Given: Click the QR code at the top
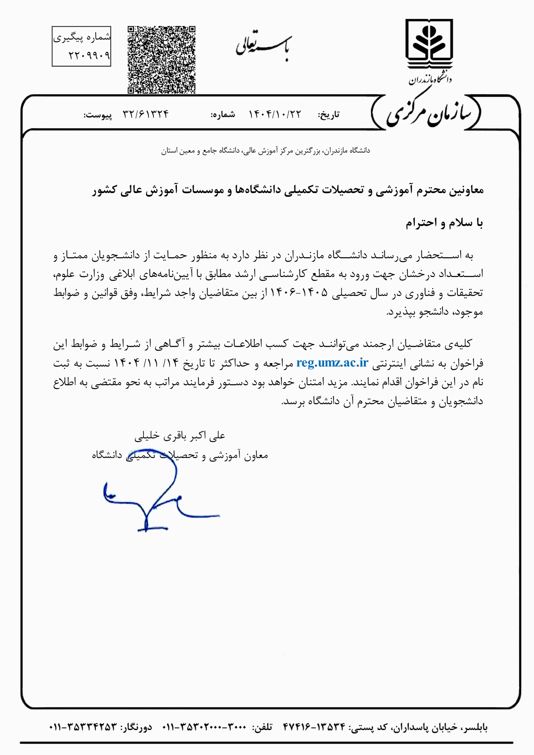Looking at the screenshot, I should [x=161, y=60].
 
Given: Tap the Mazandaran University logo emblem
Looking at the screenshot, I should [x=429, y=44].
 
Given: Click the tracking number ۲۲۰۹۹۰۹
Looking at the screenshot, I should [x=89, y=55].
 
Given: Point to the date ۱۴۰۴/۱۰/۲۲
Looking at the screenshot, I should [x=274, y=114].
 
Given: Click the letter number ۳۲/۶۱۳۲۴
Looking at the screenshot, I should [x=146, y=114].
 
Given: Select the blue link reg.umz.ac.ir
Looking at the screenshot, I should [x=332, y=363].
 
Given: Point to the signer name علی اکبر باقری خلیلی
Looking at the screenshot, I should [x=180, y=436].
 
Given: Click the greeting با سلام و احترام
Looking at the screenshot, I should [x=444, y=223].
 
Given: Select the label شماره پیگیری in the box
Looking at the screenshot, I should [x=82, y=37].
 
